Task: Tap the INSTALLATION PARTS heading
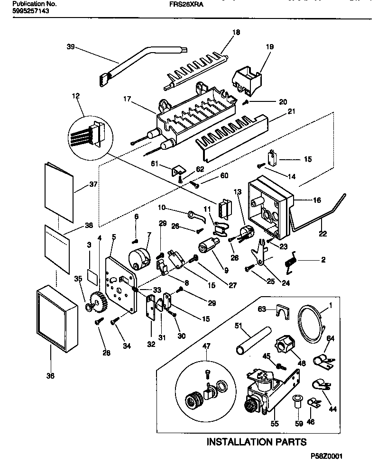coord(256,442)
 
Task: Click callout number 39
coord(71,46)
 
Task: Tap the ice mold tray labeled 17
coord(194,114)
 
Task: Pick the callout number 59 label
coord(299,424)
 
